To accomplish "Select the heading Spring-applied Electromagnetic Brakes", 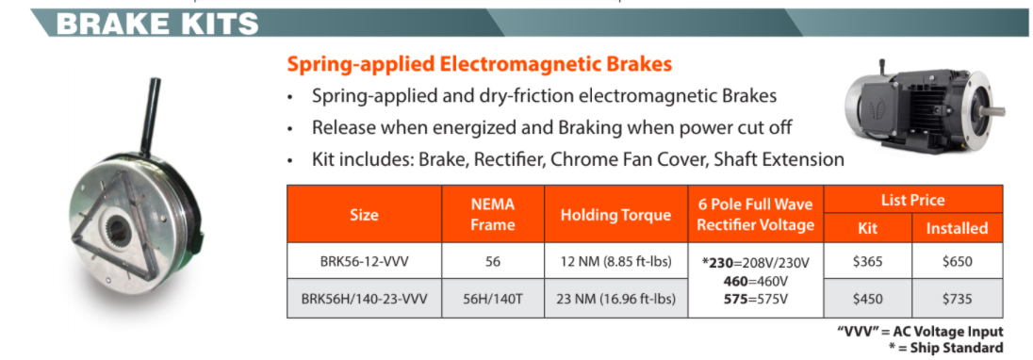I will (479, 64).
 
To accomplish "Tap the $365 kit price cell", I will (867, 262).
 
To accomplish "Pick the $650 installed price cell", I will (957, 262).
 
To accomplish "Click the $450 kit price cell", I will (867, 299).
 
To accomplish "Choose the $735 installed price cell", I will (957, 299).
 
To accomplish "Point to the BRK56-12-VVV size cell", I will (364, 262).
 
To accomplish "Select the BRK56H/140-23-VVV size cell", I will (364, 299).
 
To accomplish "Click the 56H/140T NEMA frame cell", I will (493, 299).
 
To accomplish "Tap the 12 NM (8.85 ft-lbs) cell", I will (616, 262).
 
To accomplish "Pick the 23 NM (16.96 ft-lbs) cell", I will (616, 299).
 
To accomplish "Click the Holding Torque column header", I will (616, 215).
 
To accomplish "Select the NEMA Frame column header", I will (493, 214).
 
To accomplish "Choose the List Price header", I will (912, 200).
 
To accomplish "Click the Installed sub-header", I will (957, 228).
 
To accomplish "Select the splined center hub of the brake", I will (117, 227).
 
